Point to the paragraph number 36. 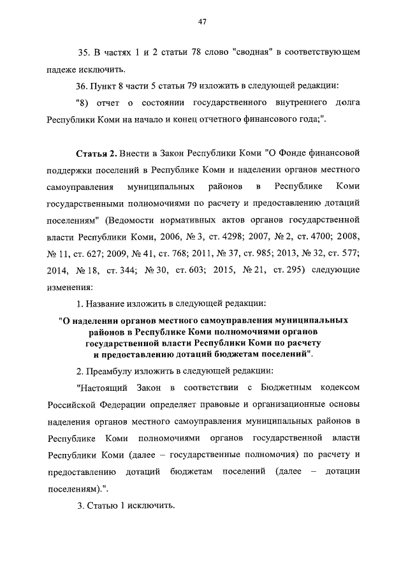(84, 85)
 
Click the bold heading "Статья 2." (96, 153)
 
